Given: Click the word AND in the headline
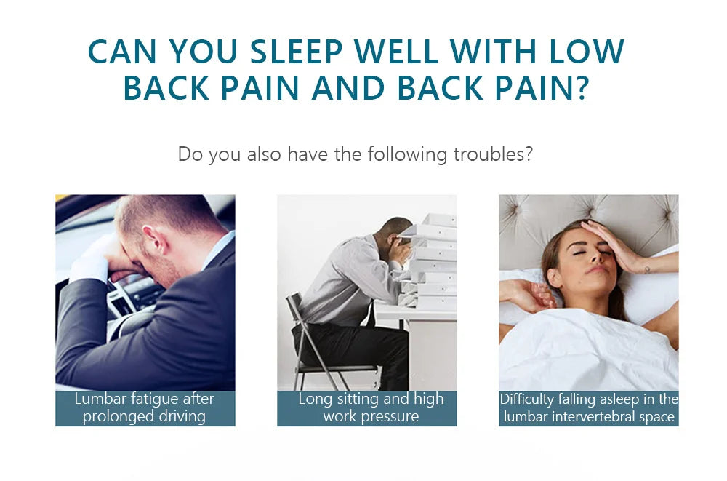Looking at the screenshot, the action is point(348,88).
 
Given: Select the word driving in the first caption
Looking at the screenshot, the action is point(182,416).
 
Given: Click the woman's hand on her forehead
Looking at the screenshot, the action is point(605,242).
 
